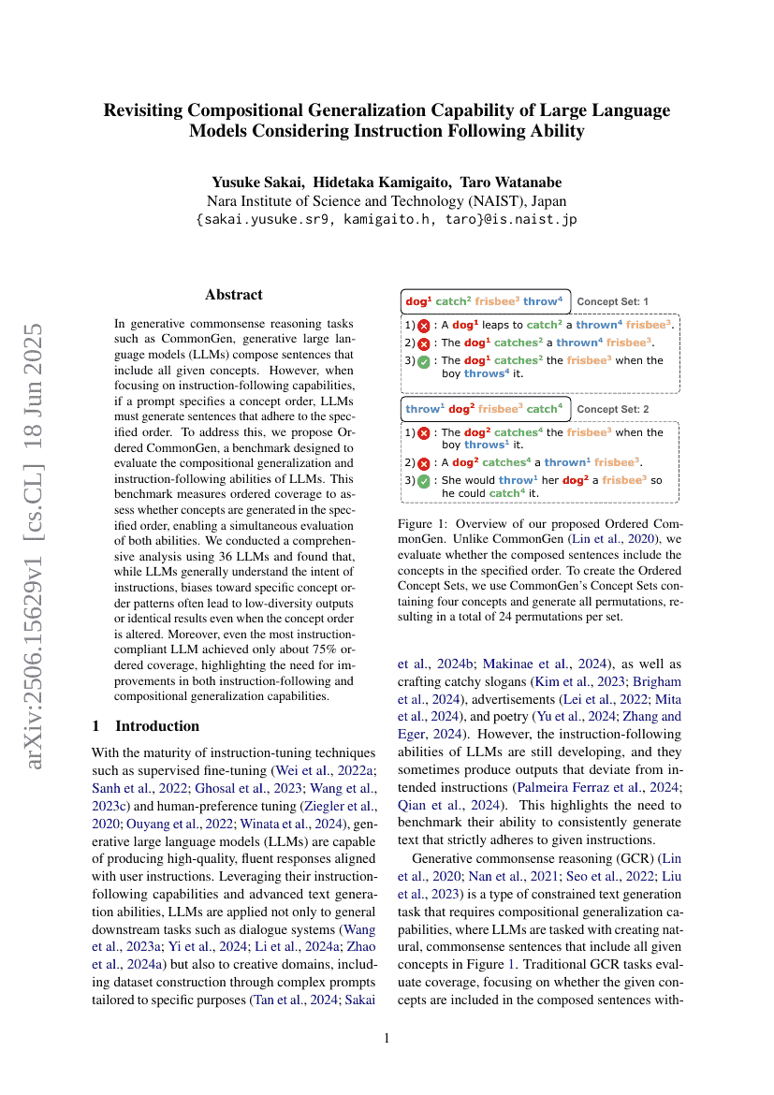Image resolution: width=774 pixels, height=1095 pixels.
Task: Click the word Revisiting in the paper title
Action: pos(145,109)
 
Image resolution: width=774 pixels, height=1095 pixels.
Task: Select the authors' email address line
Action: pos(387,220)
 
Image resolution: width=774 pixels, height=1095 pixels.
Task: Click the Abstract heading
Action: pos(234,294)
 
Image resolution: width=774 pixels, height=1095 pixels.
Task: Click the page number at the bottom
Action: pos(387,1038)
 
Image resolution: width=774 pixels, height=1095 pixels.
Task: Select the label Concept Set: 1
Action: pos(612,301)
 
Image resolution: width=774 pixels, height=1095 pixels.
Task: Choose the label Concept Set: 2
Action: pos(612,409)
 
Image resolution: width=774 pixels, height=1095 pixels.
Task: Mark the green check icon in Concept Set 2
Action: pos(424,481)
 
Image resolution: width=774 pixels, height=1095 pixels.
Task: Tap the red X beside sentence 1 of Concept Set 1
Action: pos(424,326)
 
